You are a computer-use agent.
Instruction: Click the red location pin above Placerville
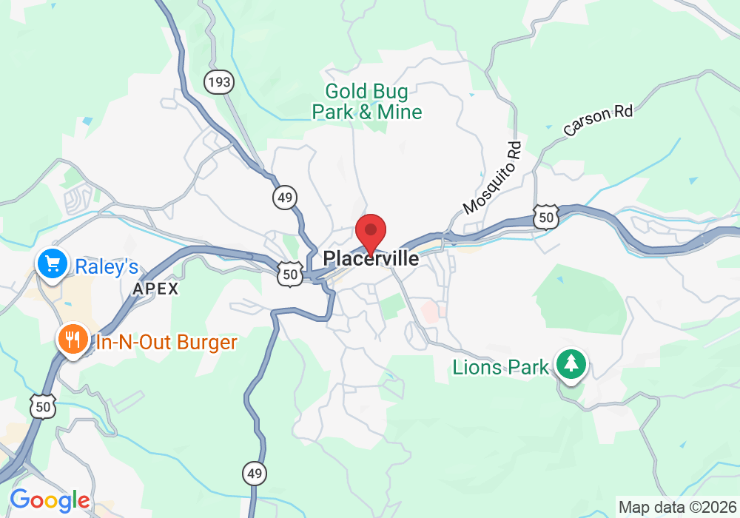(371, 232)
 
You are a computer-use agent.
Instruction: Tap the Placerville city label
(371, 259)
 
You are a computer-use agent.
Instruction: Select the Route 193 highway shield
(219, 82)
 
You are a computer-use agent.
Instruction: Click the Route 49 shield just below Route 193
(284, 198)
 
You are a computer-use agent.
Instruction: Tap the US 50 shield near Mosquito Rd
(546, 217)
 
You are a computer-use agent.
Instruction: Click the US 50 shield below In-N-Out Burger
(43, 406)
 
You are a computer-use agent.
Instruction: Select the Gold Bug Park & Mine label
(367, 101)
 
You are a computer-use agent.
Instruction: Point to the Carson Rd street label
(598, 121)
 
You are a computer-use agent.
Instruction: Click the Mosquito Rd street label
(493, 178)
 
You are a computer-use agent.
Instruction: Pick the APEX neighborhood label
(155, 289)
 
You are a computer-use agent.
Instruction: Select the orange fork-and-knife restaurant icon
(72, 340)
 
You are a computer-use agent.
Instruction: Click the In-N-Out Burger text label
(166, 343)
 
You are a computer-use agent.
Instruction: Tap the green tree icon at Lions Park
(570, 364)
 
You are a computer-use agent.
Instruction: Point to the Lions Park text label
(501, 367)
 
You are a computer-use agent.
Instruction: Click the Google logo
(49, 501)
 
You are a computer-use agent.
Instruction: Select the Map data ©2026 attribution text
(676, 507)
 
